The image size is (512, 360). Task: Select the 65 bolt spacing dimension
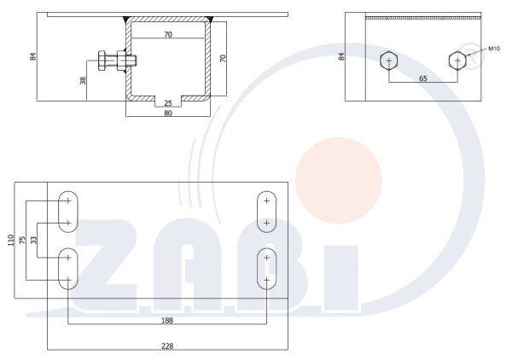point(423,77)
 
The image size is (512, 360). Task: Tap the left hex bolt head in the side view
point(388,61)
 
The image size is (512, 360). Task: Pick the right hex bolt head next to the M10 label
point(457,61)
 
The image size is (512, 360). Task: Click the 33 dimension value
point(34,240)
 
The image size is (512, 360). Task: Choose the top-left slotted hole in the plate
point(67,212)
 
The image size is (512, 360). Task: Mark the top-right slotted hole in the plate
point(267,212)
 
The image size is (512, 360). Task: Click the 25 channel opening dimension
point(168,103)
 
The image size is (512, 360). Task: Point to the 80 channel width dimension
point(168,113)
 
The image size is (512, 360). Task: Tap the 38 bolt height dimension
point(84,80)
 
